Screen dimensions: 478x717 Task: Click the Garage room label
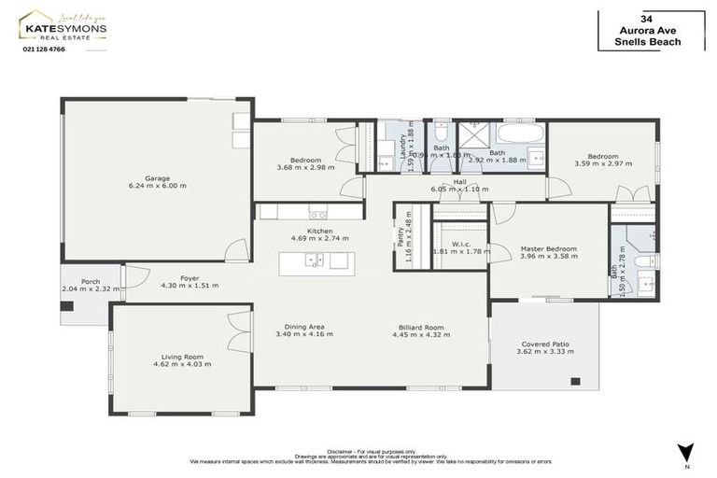(x=157, y=177)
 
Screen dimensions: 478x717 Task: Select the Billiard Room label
(x=421, y=328)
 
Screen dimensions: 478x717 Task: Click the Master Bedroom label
(x=549, y=249)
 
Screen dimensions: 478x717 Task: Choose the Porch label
(x=91, y=281)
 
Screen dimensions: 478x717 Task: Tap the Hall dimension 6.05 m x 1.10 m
(x=459, y=190)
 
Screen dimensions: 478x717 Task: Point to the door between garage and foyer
(x=237, y=250)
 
